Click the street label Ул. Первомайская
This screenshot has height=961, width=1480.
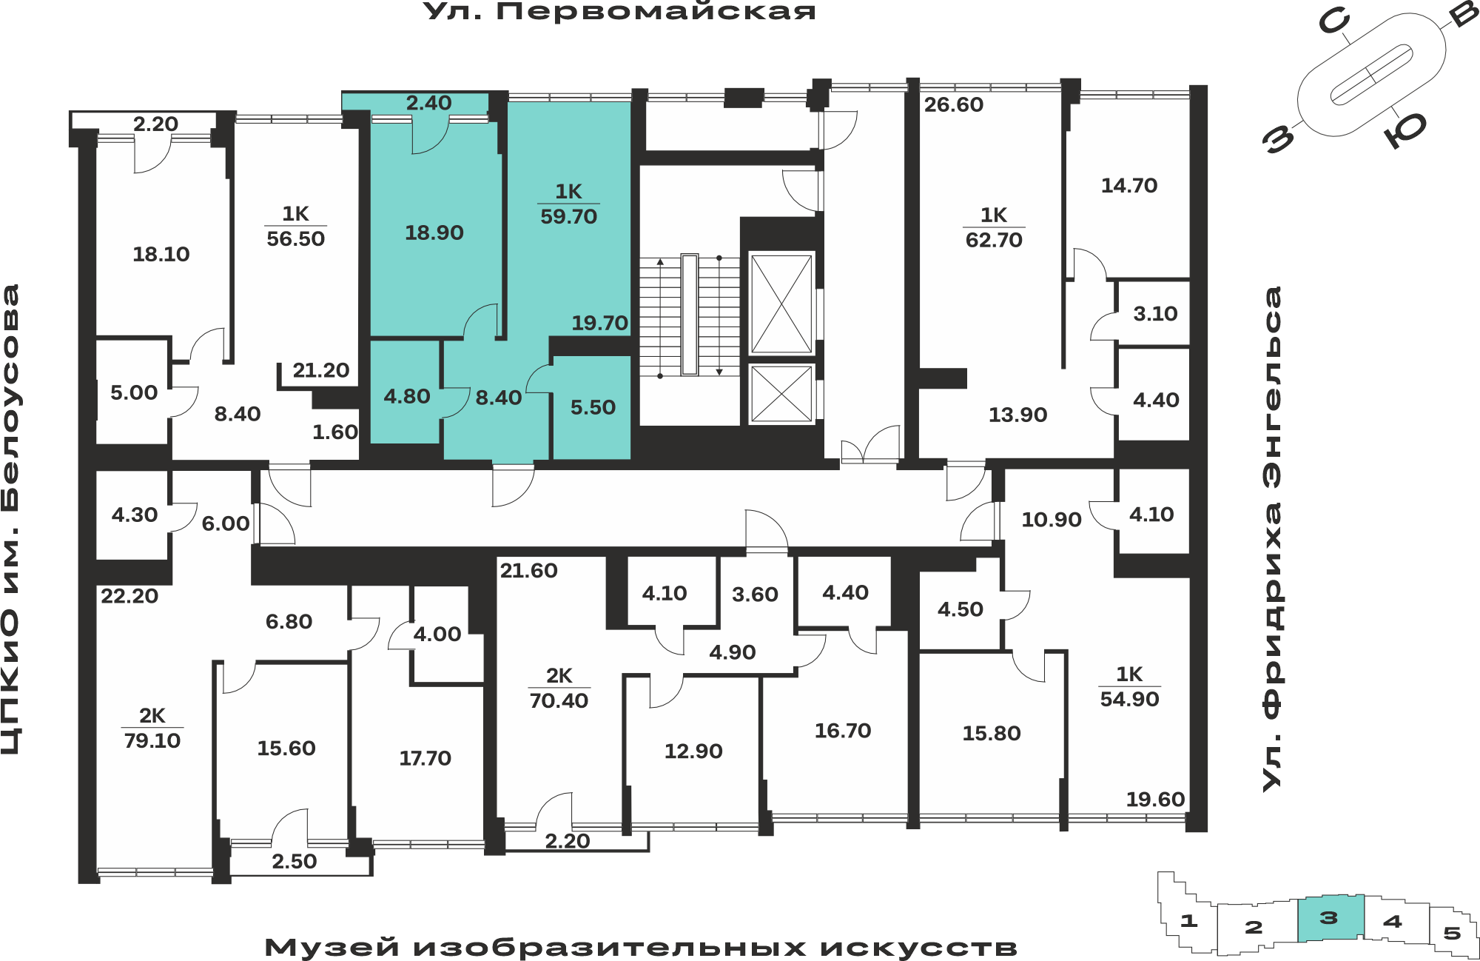[619, 11]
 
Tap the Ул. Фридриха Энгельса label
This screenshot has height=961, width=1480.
[1272, 539]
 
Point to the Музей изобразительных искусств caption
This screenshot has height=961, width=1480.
[641, 947]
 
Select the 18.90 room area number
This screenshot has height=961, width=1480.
[434, 232]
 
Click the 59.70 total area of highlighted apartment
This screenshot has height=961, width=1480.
[568, 216]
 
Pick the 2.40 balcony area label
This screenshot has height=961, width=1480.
[428, 103]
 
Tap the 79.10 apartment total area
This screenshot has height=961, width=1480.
[152, 740]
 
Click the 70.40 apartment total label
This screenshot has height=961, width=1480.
[559, 700]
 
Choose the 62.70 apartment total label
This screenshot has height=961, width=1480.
[994, 240]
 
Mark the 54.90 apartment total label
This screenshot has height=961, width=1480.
[1129, 699]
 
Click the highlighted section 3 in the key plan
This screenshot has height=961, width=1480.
[1330, 918]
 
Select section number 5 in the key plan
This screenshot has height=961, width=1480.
[1452, 933]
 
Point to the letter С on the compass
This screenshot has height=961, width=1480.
[1334, 22]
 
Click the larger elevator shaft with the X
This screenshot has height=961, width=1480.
[781, 304]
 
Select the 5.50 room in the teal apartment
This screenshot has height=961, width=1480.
[593, 407]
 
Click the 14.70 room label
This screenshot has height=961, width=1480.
[1129, 185]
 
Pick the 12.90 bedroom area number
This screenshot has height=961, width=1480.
[693, 751]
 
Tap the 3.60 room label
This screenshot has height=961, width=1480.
[755, 594]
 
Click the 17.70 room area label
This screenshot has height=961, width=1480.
[425, 757]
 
